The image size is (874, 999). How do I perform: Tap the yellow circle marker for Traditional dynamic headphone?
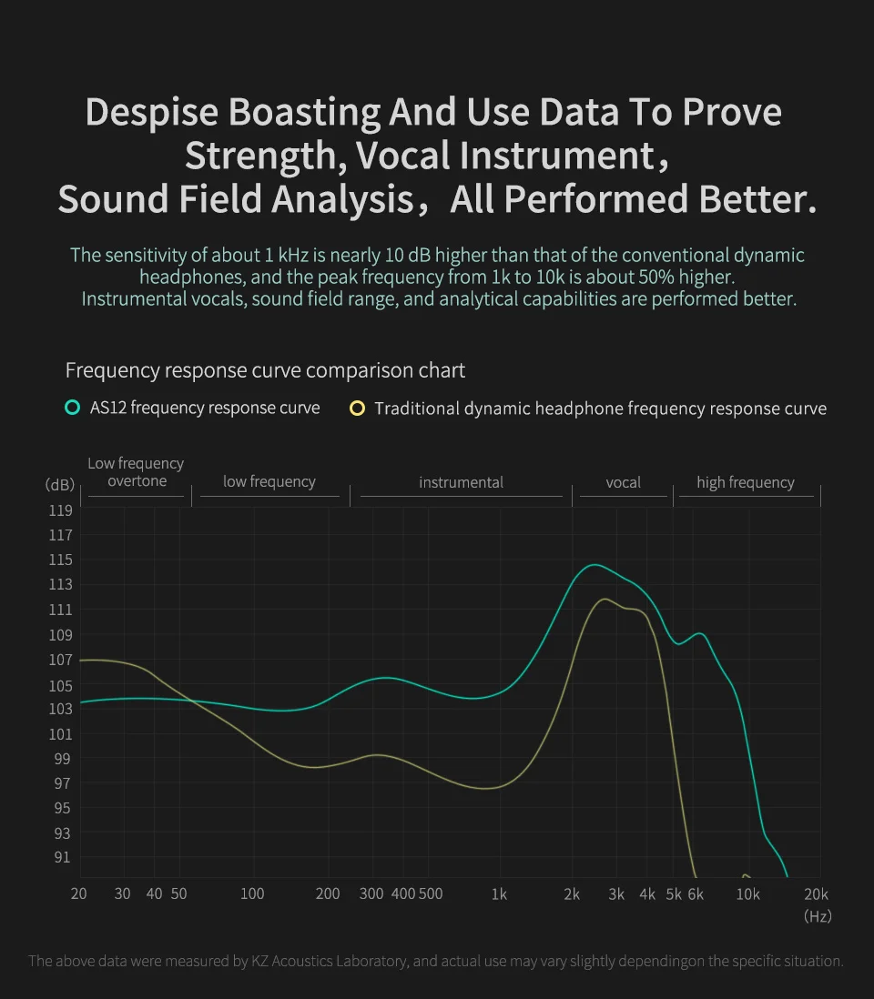coord(357,408)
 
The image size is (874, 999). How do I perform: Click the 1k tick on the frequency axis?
coord(499,893)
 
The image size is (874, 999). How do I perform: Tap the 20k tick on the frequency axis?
coord(817,893)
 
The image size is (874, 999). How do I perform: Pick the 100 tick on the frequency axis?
coord(252,893)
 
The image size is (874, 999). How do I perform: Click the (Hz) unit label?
coord(817,916)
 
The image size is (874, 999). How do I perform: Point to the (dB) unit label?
coord(59,485)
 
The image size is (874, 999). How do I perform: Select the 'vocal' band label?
coord(624,482)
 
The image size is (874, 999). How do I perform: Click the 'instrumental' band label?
coord(461,482)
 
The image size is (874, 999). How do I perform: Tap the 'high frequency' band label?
coord(746,482)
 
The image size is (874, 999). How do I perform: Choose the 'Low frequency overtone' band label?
coord(136,472)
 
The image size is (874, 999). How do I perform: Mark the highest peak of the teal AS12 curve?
coord(594,565)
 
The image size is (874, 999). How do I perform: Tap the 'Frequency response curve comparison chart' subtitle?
coord(265,370)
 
